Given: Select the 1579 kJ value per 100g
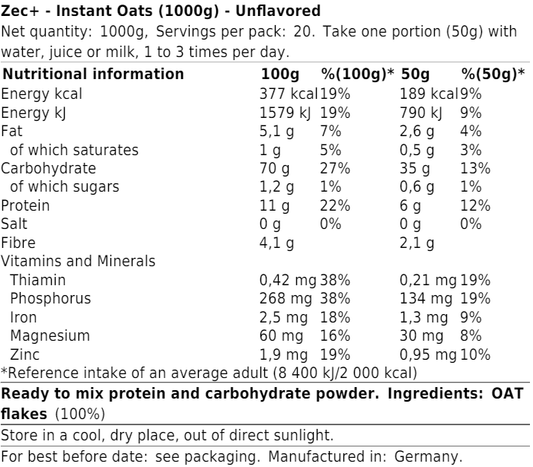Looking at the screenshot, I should (287, 113).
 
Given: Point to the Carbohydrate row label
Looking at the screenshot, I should (48, 168).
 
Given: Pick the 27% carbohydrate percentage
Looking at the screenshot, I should (334, 168).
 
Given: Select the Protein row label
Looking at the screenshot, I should (26, 205).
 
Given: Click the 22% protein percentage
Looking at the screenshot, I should (334, 205).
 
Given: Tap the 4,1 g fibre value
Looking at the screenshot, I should (277, 243).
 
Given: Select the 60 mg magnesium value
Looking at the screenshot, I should (281, 335).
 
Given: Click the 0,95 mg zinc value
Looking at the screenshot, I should (428, 354).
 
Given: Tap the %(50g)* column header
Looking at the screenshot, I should (493, 75).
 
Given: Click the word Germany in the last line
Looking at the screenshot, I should (433, 458).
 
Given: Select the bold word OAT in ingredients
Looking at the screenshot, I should (507, 395).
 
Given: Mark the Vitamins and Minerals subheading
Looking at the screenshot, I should (78, 261).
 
